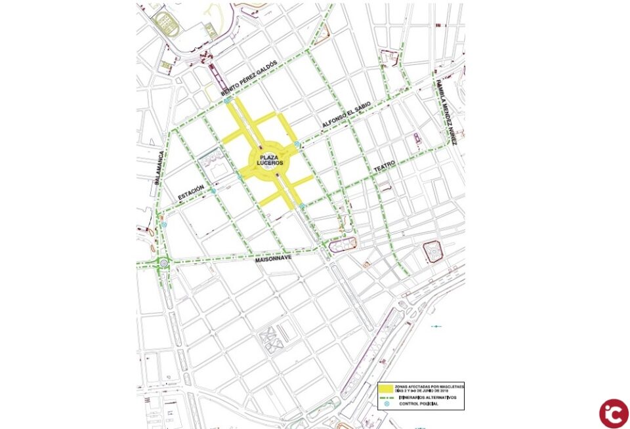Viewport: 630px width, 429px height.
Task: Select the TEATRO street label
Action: [x=385, y=168]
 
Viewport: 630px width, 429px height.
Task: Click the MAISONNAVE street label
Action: [x=272, y=260]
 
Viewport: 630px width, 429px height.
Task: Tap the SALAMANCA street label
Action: [x=157, y=171]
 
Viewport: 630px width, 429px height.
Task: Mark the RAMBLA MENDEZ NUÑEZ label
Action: [x=447, y=112]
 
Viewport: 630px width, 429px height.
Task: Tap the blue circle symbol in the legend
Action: [x=387, y=404]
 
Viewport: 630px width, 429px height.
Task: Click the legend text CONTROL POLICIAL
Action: [x=419, y=404]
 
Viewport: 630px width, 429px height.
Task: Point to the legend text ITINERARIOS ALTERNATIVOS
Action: [x=428, y=398]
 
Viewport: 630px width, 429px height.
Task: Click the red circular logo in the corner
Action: [x=614, y=413]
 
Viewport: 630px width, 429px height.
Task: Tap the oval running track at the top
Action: [x=163, y=24]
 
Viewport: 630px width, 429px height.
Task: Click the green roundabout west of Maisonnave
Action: [x=163, y=264]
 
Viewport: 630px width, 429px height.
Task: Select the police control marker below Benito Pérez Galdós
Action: [x=227, y=102]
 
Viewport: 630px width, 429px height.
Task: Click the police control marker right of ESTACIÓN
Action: [x=213, y=190]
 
